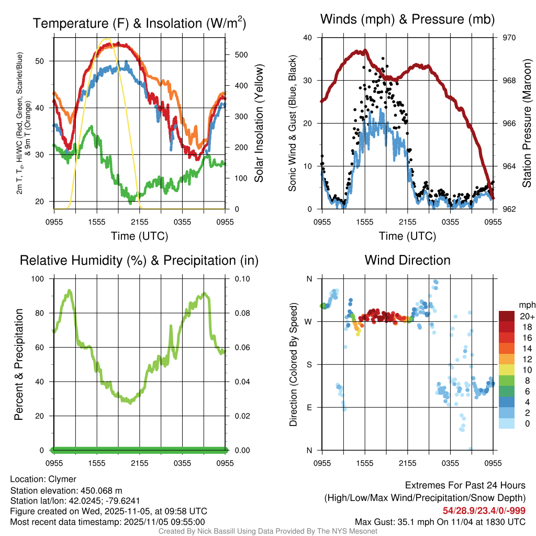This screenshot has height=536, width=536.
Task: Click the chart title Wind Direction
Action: click(407, 260)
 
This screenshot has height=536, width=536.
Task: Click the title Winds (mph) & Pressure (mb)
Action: click(407, 19)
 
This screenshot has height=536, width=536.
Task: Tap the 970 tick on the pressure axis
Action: click(510, 38)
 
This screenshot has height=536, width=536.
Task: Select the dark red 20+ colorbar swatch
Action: click(507, 316)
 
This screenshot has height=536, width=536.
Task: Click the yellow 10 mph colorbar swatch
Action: click(507, 369)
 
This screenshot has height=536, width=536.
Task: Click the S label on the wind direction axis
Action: click(309, 364)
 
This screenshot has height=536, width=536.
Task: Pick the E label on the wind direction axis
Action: click(309, 407)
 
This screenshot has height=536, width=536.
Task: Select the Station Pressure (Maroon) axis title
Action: click(527, 124)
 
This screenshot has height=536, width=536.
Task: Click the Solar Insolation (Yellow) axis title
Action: click(259, 124)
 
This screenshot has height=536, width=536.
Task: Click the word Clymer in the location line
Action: click(62, 479)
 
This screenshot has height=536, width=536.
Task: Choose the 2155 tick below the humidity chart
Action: click(140, 463)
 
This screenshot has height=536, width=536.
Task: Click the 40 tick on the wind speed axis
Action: click(308, 38)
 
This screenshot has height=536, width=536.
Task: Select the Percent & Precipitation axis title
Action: click(19, 364)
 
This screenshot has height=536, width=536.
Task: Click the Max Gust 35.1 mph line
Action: click(440, 521)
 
